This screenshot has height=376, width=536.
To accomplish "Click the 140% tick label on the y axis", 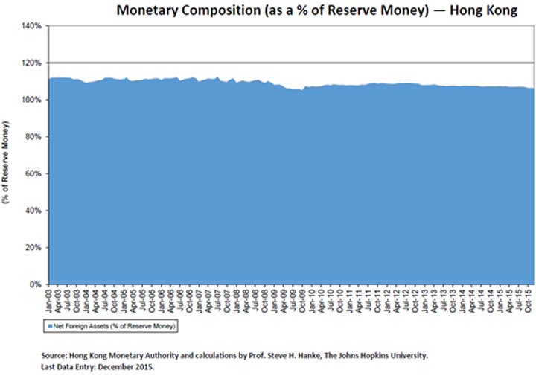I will point(31,26).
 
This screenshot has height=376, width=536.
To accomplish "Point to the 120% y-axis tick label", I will point(31,63).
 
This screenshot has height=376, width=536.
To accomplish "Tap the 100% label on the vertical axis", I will point(31,100).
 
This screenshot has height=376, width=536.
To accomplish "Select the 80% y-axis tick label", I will point(33,136).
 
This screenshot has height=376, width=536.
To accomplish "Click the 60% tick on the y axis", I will point(33,173).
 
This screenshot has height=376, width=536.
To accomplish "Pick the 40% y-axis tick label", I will point(33,210).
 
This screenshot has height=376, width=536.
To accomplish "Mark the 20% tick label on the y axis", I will point(33,247).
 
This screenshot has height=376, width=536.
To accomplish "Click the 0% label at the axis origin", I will point(35,284).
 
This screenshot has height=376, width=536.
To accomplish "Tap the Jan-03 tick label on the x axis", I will point(49,299).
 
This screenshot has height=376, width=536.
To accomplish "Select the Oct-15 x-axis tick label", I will point(528,299).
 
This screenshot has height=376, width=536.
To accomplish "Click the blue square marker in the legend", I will point(50,325).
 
